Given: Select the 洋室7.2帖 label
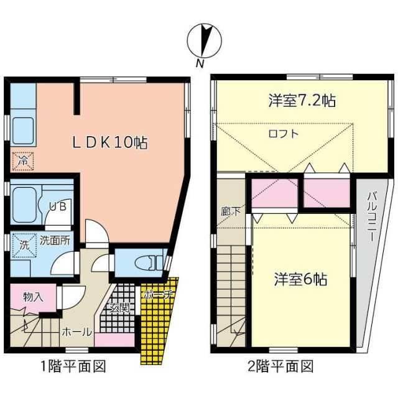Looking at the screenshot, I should [x=302, y=99].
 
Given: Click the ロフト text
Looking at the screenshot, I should [x=283, y=133].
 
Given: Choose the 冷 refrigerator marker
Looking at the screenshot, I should [x=22, y=160].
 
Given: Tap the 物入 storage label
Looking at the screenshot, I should [x=33, y=297].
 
